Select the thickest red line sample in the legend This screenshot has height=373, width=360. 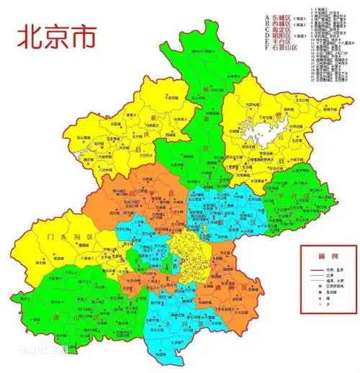click(x=312, y=268)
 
